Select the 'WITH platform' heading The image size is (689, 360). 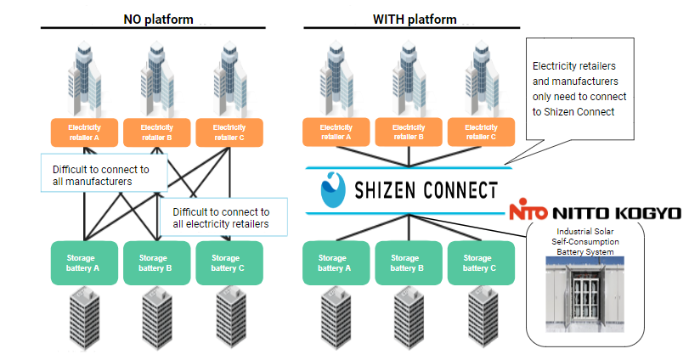pos(415,19)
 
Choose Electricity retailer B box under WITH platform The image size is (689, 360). pos(409,132)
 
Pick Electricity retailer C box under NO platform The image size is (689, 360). pos(228,132)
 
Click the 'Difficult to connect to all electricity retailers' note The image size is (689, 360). pos(223,218)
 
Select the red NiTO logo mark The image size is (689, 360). pos(529,212)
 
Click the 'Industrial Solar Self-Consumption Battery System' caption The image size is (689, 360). pos(585,241)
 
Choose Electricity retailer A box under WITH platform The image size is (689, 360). pos(336,132)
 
